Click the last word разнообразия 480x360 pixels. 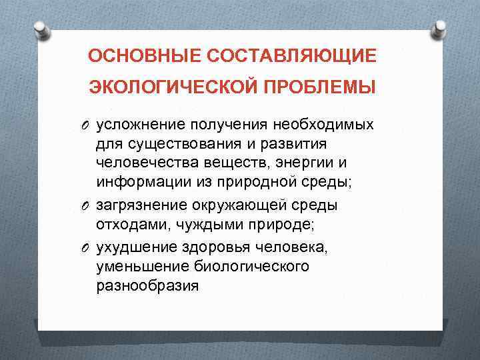click(x=147, y=286)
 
